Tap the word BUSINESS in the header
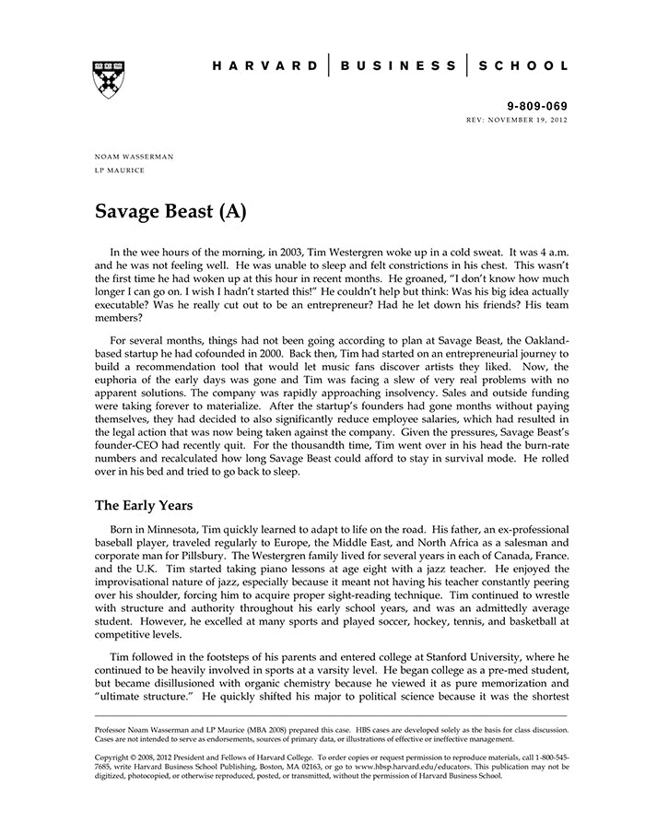[x=398, y=66]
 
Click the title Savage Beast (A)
[x=170, y=211]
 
